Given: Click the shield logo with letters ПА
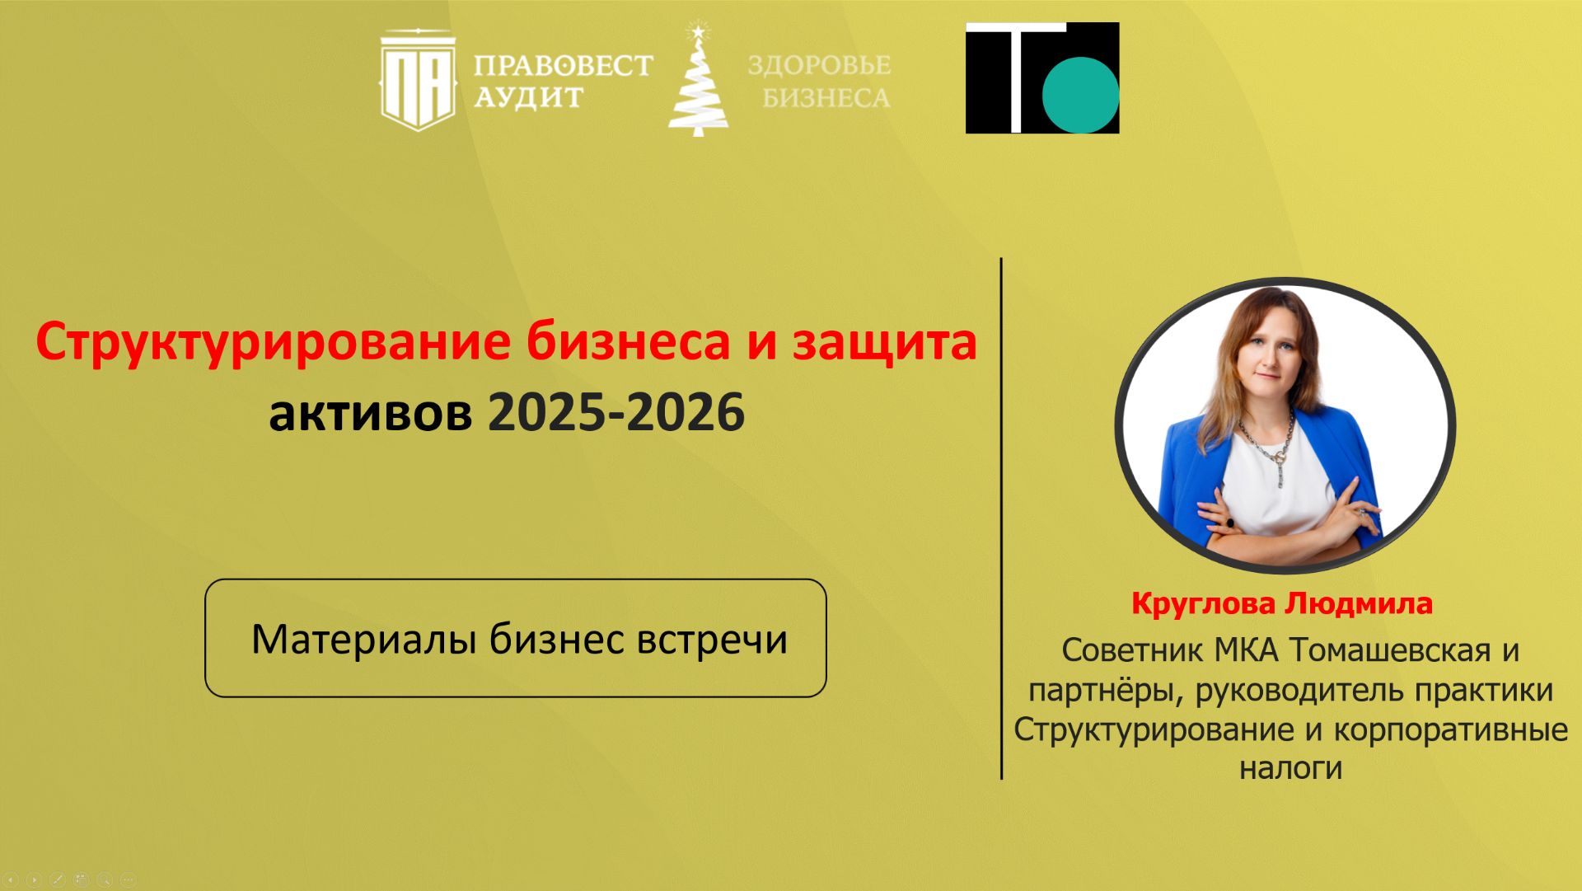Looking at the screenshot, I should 418,81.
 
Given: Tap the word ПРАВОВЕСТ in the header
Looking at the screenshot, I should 563,65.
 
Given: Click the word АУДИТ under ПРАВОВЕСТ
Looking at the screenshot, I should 528,98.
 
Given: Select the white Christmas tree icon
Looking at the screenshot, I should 698,82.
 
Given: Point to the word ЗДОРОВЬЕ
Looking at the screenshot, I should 819,65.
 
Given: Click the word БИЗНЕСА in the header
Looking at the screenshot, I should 826,98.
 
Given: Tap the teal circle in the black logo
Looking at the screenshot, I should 1080,94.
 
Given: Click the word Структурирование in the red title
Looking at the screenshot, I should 272,342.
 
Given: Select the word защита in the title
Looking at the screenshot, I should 884,342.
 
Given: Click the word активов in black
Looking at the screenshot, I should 370,413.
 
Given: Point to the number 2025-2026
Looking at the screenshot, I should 616,413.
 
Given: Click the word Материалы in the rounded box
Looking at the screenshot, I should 363,640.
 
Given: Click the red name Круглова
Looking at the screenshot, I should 1203,604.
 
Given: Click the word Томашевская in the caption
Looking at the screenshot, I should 1390,650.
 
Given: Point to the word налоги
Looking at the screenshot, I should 1290,768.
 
